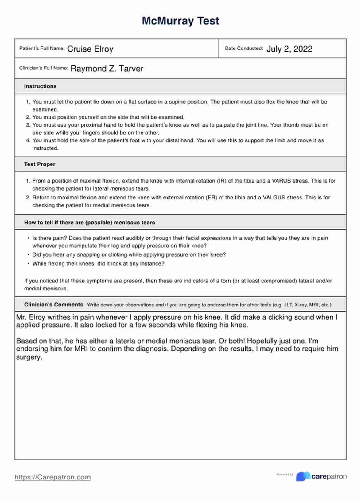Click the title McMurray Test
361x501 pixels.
(x=180, y=21)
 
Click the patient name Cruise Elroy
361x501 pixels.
(x=90, y=49)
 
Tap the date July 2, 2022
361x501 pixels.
(x=289, y=49)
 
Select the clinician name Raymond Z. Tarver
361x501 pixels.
(x=107, y=69)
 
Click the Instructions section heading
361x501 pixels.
(x=40, y=86)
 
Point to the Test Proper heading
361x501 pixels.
(x=40, y=164)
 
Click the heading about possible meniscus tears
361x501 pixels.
(x=89, y=223)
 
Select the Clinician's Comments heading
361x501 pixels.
(x=53, y=305)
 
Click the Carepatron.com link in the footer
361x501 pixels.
(x=52, y=477)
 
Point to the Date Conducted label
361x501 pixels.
(x=244, y=48)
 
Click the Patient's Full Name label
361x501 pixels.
(x=42, y=48)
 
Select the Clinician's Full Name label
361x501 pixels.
(x=44, y=68)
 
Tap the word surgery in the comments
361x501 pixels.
(x=29, y=357)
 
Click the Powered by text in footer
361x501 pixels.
(x=285, y=475)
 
